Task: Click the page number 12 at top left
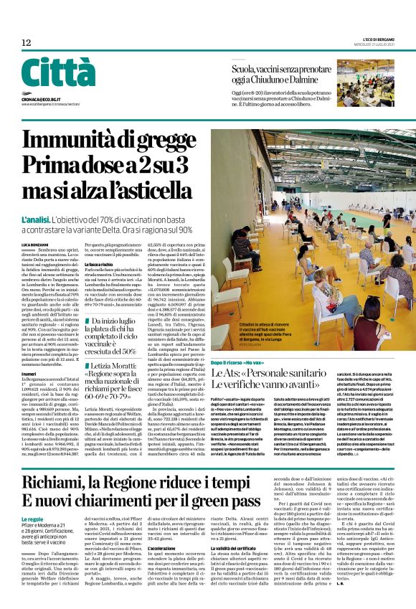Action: (x=26, y=43)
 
